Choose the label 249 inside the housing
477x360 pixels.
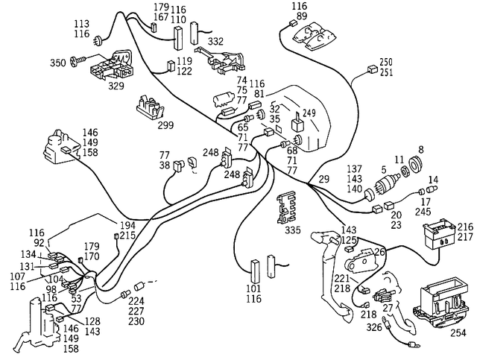309,113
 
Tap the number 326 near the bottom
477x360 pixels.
375,327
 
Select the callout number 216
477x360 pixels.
465,226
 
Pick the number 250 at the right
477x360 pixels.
385,62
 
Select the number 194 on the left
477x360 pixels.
128,225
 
